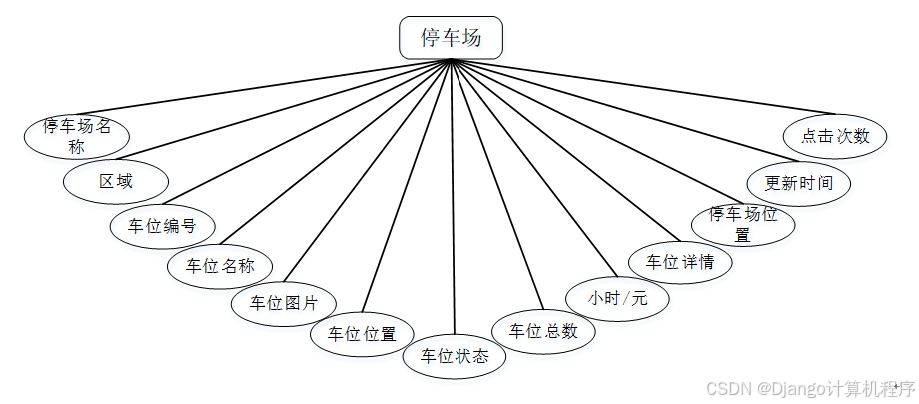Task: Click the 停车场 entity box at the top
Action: point(452,38)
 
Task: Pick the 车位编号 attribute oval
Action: point(162,224)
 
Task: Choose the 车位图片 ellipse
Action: point(284,302)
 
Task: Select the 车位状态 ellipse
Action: point(455,356)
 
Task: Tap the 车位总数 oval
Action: point(544,332)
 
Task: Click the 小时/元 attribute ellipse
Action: point(617,298)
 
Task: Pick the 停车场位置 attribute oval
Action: point(743,224)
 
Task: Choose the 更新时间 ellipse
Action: point(800,183)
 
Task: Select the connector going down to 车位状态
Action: point(453,200)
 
